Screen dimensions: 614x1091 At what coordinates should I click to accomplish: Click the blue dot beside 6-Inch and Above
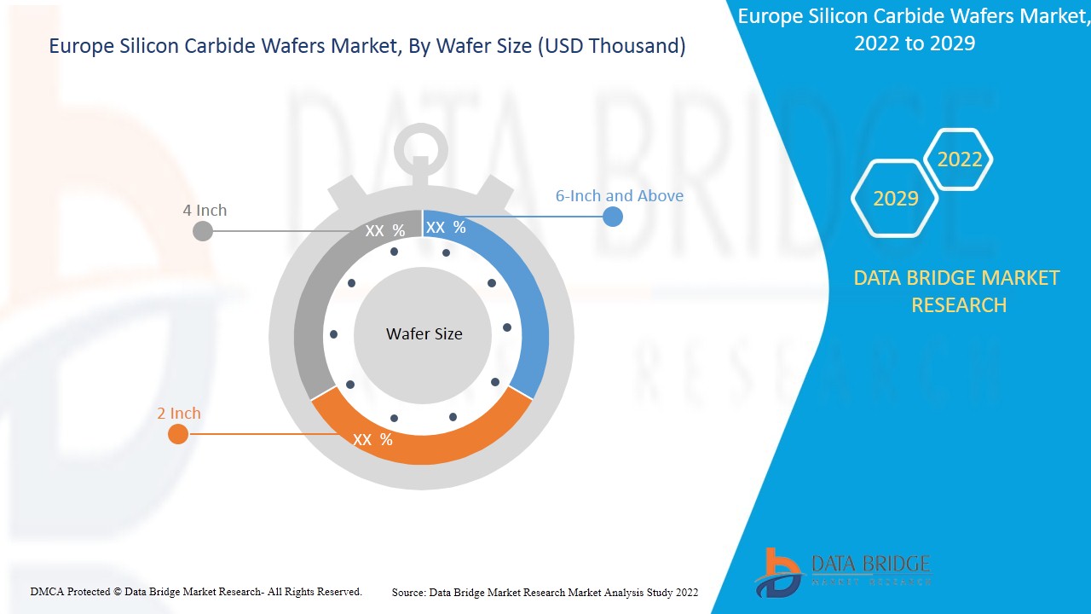tap(612, 217)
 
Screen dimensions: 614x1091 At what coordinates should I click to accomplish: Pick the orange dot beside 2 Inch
tap(177, 434)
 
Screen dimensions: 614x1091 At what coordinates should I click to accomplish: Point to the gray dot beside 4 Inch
tap(202, 230)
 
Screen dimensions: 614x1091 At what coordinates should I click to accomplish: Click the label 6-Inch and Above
tap(619, 196)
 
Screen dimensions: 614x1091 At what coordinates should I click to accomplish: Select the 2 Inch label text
tap(179, 414)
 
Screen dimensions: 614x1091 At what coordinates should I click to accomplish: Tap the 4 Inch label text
tap(205, 211)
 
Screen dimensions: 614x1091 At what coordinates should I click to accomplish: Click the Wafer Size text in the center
tap(424, 334)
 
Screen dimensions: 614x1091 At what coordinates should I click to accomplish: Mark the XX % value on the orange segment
tap(372, 440)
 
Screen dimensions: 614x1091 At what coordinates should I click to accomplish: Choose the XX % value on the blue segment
tap(446, 228)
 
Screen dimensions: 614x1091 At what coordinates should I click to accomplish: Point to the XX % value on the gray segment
tap(384, 231)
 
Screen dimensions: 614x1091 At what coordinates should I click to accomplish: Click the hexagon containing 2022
tap(959, 159)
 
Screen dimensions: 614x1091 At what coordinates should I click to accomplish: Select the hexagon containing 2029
tap(895, 199)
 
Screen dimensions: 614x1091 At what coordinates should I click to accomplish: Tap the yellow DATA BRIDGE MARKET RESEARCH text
tap(958, 292)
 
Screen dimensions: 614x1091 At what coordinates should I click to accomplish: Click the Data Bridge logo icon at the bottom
tap(777, 572)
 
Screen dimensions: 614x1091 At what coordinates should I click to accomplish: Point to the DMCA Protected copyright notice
tap(196, 592)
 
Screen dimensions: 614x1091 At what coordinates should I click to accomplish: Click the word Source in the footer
tap(408, 593)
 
